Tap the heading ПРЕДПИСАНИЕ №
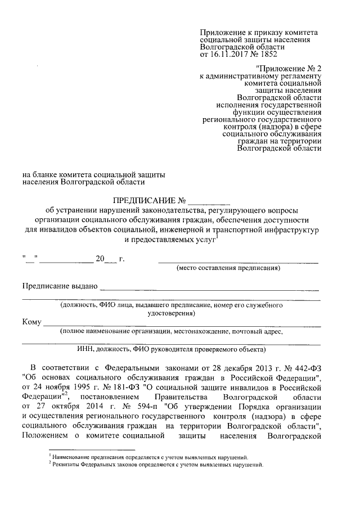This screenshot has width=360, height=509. [x=150, y=200]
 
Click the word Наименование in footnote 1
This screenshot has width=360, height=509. [x=70, y=457]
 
